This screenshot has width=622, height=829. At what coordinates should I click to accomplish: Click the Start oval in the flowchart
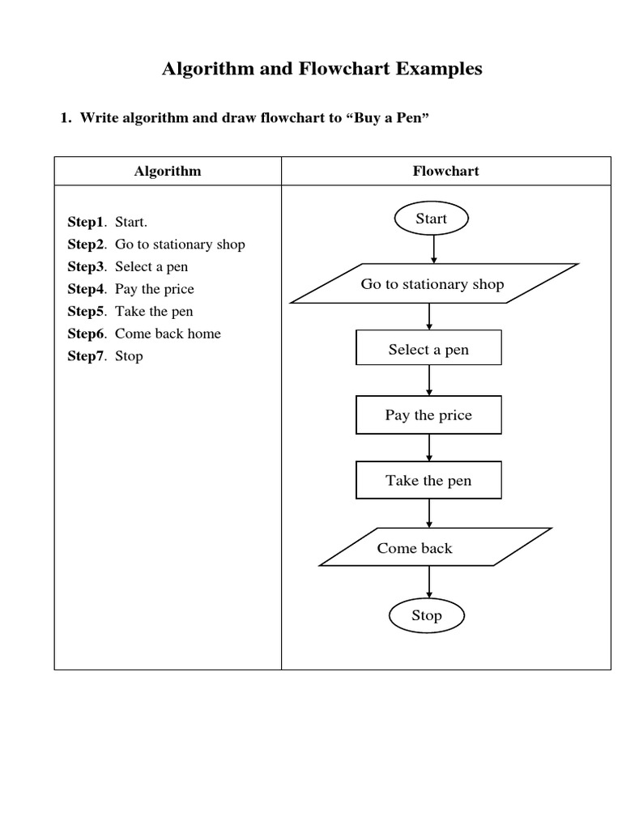431,219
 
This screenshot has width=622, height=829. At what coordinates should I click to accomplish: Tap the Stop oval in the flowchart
427,615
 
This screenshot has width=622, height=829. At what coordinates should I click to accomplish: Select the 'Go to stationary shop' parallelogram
433,284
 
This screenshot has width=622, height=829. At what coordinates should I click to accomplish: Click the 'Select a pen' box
428,350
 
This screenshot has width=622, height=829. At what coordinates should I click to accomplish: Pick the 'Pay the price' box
428,415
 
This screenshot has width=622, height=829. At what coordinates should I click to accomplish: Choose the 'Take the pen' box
428,481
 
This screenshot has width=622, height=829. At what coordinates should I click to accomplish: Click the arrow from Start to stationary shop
434,249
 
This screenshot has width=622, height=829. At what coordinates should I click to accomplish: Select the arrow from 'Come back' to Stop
429,582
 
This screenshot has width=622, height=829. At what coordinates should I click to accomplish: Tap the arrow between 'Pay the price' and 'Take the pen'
429,448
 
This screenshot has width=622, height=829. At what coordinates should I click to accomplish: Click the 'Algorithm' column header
168,171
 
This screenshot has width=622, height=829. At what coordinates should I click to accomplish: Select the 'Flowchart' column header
445,171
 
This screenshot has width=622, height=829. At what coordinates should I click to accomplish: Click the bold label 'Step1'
86,222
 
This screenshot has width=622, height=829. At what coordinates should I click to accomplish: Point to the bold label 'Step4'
86,289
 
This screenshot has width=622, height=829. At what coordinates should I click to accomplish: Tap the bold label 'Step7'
86,356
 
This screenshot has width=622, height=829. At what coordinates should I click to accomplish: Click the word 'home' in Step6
204,334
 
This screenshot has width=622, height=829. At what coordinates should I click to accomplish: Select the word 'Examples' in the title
439,69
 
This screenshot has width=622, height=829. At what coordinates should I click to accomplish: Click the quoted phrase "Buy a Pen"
386,118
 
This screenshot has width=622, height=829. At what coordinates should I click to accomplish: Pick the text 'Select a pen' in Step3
151,266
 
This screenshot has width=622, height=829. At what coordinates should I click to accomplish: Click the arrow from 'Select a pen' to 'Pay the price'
429,382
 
